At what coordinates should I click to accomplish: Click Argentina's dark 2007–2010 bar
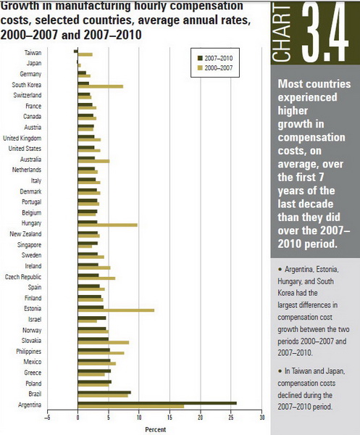tap(157, 403)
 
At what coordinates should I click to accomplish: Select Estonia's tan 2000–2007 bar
tap(116, 310)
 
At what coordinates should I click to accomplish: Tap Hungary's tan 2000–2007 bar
tap(107, 225)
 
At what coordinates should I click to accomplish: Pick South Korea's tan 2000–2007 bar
tap(101, 86)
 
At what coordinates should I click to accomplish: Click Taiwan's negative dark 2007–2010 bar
tap(76, 51)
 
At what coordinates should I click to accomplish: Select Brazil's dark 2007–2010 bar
tap(104, 392)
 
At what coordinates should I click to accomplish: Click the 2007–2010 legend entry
tap(215, 58)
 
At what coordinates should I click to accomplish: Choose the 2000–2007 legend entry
tap(215, 68)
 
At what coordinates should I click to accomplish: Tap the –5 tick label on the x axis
tap(47, 418)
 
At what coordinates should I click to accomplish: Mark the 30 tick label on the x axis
tap(261, 418)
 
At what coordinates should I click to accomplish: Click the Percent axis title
tap(156, 429)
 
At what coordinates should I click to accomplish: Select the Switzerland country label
tap(28, 95)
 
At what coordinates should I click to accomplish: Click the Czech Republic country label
tap(23, 277)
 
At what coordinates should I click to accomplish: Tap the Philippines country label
tap(28, 351)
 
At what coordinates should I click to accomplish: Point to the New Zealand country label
tap(25, 234)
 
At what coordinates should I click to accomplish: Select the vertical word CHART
tap(281, 34)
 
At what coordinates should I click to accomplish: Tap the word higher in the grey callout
tap(293, 111)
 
